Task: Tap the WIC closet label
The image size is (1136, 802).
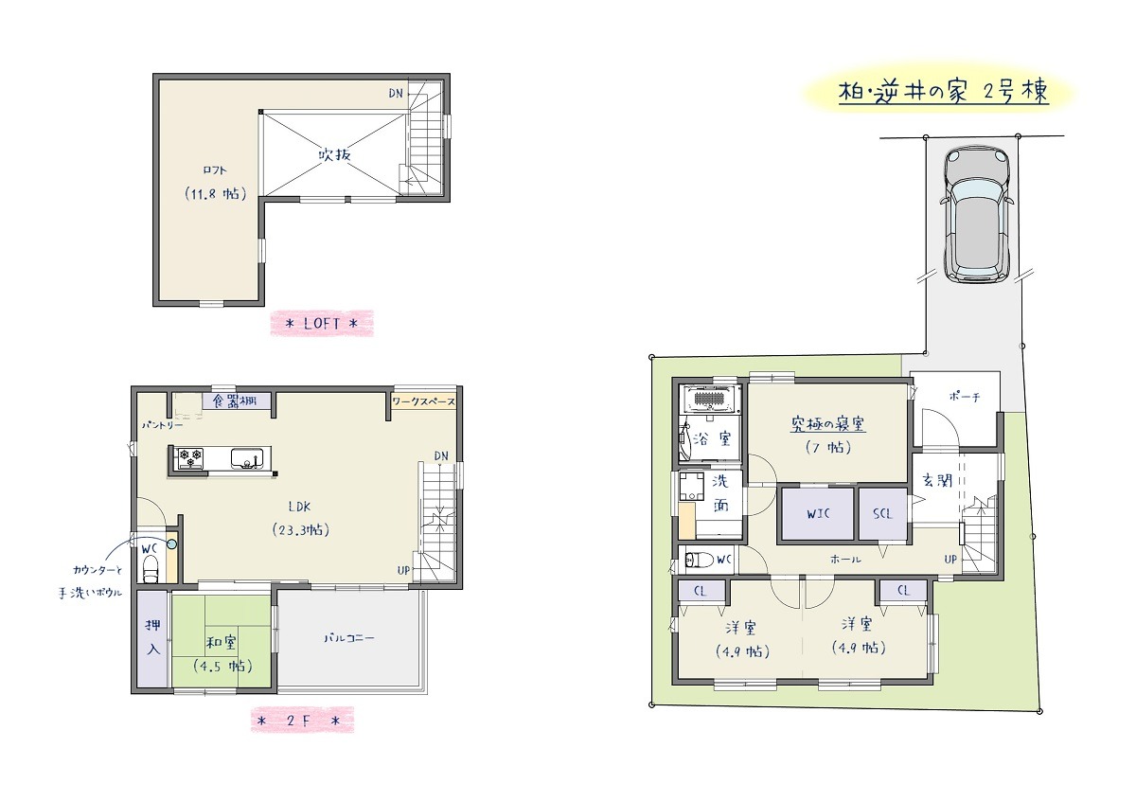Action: tap(818, 513)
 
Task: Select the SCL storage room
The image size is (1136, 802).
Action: tap(882, 513)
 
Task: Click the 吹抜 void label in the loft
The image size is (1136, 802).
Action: tap(334, 153)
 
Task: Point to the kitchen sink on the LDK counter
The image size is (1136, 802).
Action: tap(246, 458)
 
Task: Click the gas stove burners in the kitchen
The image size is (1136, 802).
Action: tap(189, 458)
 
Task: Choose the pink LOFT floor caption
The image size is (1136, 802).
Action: tap(322, 324)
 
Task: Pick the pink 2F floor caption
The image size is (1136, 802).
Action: tap(302, 721)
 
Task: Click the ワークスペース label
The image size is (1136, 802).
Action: tap(424, 401)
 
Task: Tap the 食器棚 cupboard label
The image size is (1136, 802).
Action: tap(234, 401)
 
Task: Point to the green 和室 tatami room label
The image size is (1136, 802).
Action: tap(221, 643)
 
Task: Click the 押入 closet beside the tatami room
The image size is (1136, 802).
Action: tap(152, 638)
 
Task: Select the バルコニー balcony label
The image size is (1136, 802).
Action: tap(349, 637)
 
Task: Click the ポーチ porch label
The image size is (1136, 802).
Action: tap(964, 397)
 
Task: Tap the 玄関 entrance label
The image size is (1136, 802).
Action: tap(937, 480)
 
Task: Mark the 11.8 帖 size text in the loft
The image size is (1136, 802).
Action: tap(216, 194)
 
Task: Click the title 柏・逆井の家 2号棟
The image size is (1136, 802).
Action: tap(943, 92)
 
